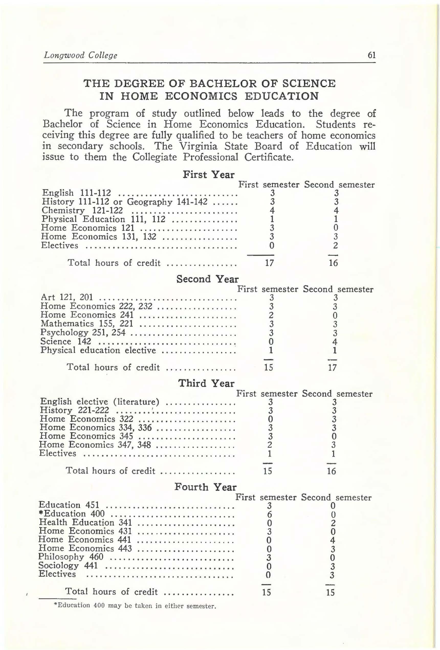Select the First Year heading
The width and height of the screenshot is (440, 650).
click(x=208, y=175)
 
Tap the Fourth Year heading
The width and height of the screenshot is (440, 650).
click(x=205, y=487)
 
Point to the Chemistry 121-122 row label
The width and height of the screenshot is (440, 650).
click(x=82, y=210)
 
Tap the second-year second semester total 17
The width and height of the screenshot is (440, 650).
click(x=332, y=367)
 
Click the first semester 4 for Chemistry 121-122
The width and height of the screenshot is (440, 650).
click(x=272, y=210)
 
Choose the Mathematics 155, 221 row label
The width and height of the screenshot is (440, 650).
click(x=87, y=324)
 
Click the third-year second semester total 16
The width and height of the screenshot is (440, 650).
click(x=331, y=471)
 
